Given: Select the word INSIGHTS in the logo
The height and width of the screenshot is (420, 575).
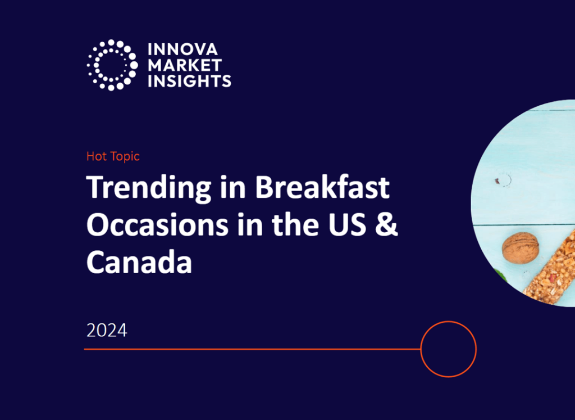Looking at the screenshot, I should coord(189,80).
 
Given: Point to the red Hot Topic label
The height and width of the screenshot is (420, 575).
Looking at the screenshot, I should coord(113,156).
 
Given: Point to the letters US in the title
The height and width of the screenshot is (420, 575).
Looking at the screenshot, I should coord(353,224).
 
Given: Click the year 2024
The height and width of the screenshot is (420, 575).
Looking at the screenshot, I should coord(107,330).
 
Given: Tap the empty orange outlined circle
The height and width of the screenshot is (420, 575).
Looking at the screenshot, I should coord(448,349).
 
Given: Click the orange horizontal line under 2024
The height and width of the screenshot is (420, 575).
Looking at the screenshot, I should coord(253,349).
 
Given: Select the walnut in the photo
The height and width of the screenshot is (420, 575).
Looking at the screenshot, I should coord(521,248).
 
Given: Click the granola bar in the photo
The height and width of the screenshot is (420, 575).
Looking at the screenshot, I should coord(553,270).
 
